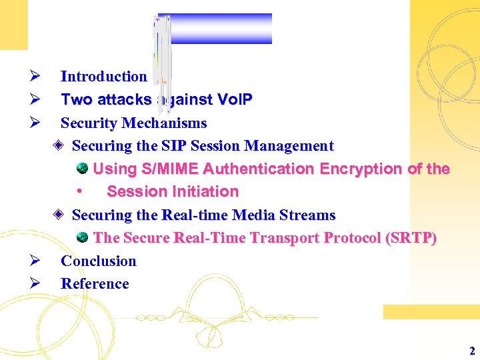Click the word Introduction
[103, 77]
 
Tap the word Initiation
[206, 192]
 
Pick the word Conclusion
[98, 261]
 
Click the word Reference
[95, 284]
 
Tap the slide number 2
[472, 351]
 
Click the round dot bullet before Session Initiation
[79, 192]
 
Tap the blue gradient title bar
[221, 28]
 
